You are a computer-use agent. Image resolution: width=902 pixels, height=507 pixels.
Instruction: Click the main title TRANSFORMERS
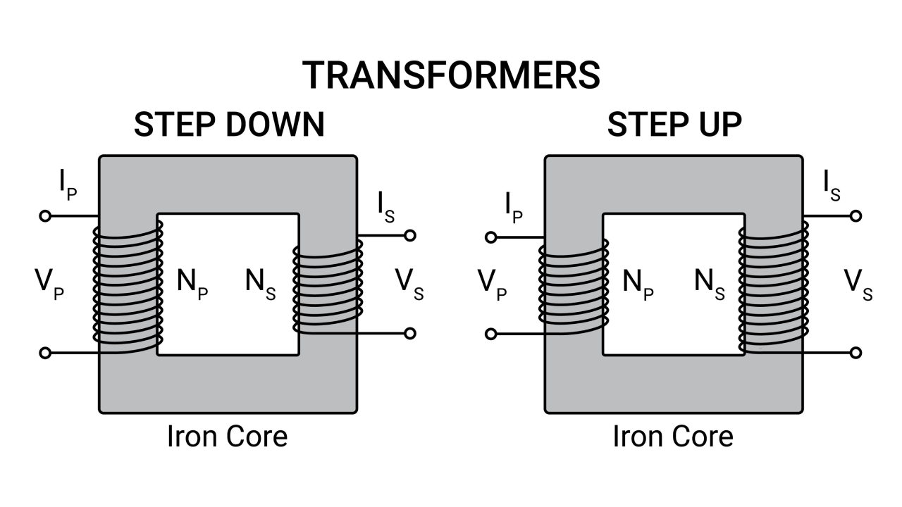pyautogui.click(x=451, y=75)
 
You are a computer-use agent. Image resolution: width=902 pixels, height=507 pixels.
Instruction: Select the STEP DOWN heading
pyautogui.click(x=229, y=125)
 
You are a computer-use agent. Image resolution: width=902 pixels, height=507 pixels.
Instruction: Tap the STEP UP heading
pyautogui.click(x=674, y=125)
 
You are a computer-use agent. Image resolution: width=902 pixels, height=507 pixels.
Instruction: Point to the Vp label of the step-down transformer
pyautogui.click(x=49, y=284)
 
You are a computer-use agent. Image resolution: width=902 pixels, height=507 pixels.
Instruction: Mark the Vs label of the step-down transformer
pyautogui.click(x=409, y=284)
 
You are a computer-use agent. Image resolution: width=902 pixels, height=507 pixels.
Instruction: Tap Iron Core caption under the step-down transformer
pyautogui.click(x=227, y=437)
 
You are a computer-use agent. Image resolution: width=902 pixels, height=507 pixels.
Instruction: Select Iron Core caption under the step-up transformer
pyautogui.click(x=673, y=437)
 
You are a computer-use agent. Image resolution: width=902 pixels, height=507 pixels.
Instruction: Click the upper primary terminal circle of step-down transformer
pyautogui.click(x=45, y=216)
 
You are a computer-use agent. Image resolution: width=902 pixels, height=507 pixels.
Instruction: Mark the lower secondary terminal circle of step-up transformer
pyautogui.click(x=856, y=353)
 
